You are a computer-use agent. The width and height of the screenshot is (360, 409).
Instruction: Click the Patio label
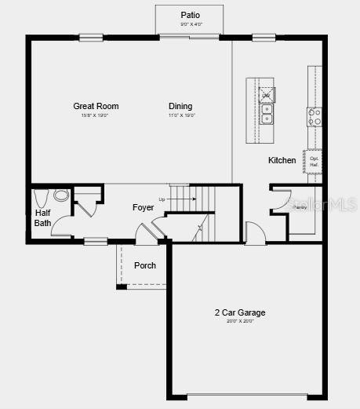coord(190,15)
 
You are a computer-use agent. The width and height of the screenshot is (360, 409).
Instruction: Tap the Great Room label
coord(96,106)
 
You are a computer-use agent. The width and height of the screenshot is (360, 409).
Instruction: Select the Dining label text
coord(180,106)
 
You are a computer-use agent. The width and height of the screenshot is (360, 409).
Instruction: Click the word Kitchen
coord(282,160)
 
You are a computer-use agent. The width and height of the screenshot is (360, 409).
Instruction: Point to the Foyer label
coord(143,207)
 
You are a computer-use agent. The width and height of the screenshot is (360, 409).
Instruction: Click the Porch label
coord(145,265)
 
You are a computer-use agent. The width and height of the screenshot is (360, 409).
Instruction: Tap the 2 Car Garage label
coord(240,312)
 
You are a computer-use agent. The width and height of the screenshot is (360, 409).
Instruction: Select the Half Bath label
coord(42,217)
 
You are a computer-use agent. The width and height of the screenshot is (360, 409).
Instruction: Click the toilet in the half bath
coord(42,195)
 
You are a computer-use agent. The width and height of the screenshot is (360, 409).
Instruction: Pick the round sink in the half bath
coord(62,195)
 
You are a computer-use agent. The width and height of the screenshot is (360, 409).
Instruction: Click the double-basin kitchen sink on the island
coord(267,115)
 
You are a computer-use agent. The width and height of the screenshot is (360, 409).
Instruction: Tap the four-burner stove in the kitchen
coord(314,117)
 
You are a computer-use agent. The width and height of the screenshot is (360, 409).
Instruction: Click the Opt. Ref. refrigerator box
coord(314,161)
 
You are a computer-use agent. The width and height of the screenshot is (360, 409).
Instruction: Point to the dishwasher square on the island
coord(266,93)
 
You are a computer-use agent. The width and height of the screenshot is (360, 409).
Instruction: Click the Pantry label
coord(300,208)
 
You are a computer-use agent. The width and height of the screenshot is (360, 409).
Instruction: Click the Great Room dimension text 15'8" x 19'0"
coord(96,116)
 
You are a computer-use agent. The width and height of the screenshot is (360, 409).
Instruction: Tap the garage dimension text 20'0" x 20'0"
coord(240,321)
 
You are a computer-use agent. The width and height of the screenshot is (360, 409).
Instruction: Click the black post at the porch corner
coord(122,287)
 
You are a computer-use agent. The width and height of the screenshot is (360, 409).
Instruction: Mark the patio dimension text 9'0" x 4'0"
coord(190,24)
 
